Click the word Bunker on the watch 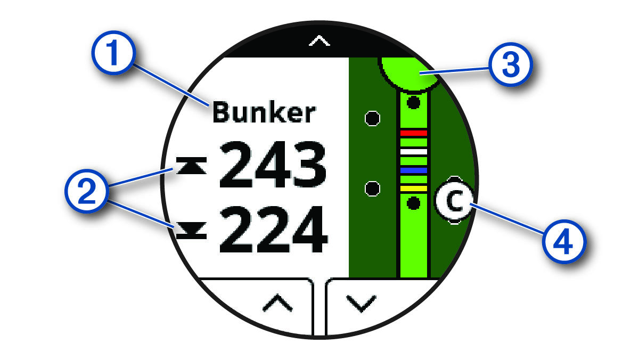click(264, 113)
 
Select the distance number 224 click(272, 232)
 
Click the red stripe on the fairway click(414, 133)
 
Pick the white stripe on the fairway click(414, 152)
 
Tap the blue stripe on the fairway click(414, 170)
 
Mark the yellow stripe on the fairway click(414, 189)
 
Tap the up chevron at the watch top click(319, 42)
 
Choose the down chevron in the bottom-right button click(361, 304)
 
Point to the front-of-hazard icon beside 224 click(191, 232)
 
